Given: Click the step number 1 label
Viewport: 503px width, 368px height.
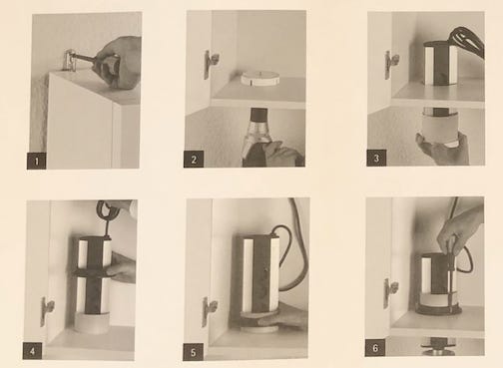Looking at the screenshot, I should (36, 159).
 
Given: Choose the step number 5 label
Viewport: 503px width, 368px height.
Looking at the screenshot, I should (194, 350).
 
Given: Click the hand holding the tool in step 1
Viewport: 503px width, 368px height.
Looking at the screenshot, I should (118, 60).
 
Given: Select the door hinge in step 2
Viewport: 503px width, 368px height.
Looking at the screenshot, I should (211, 63).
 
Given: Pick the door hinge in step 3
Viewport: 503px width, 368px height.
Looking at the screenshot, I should (390, 63).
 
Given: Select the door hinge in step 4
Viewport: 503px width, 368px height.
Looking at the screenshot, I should (46, 310).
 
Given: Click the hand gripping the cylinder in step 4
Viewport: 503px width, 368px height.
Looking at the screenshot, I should (121, 267).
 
